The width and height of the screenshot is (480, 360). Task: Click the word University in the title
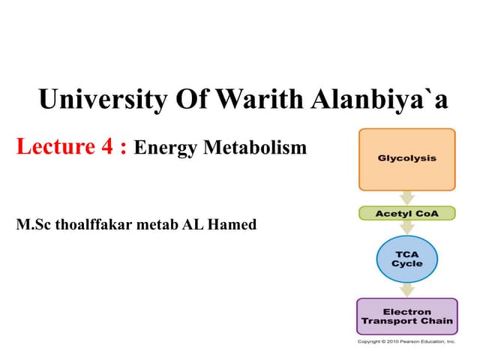coord(100,98)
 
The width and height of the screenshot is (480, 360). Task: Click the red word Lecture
coord(53,146)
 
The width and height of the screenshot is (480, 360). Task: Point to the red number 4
coord(107,146)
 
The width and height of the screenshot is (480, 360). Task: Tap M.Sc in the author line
coord(34,223)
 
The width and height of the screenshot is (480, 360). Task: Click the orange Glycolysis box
coord(407,160)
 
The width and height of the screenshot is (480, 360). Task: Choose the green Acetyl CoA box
coord(407,213)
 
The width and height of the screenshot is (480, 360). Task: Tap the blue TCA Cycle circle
coord(407,259)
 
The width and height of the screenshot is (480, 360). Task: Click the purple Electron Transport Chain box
coord(407,316)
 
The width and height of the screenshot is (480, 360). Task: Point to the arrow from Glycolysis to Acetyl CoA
coord(407,198)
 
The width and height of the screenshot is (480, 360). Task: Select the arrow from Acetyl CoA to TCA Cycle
coord(407,227)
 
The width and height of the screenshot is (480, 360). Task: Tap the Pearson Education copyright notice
coord(406,341)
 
